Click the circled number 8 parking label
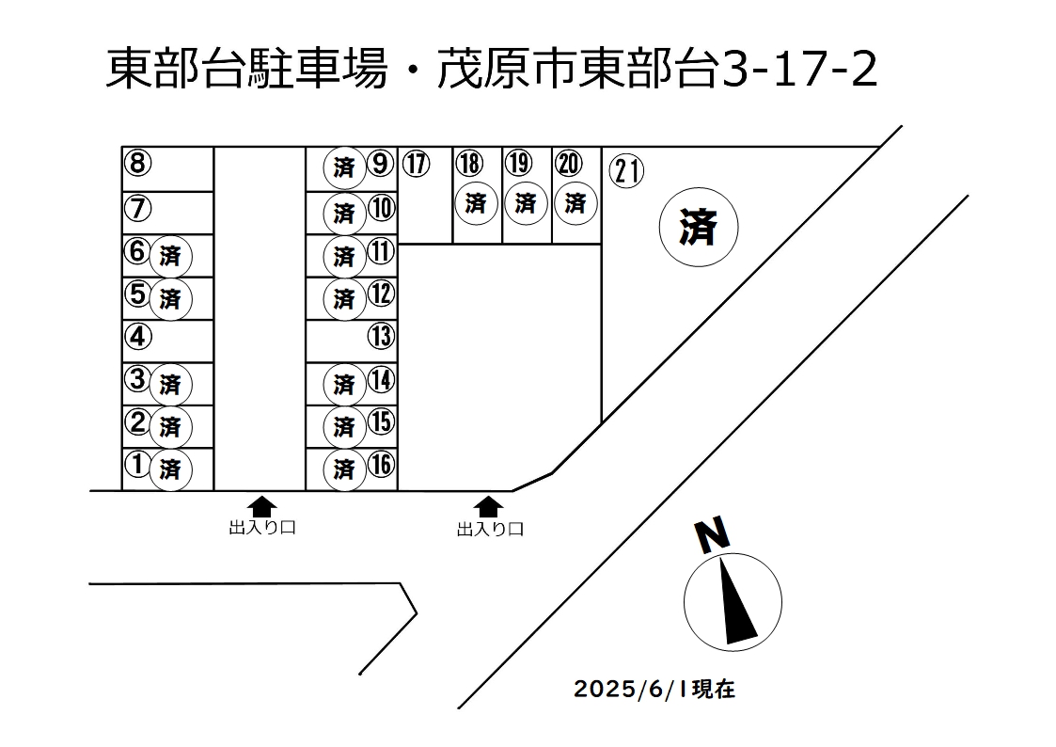[138, 163]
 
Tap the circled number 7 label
[138, 208]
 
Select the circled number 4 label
[138, 336]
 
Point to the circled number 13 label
[381, 336]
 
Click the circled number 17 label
[417, 164]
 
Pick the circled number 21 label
[627, 171]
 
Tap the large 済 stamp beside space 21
[699, 227]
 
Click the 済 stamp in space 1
[170, 469]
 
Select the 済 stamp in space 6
[170, 256]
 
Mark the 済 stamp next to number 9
[344, 167]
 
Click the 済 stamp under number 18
[476, 203]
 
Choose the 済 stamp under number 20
[575, 203]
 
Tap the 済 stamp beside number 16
[344, 469]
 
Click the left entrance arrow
[261, 507]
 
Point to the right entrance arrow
[488, 507]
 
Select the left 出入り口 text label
[262, 528]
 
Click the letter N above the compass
[713, 534]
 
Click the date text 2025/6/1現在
[654, 689]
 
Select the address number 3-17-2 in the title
[799, 69]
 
